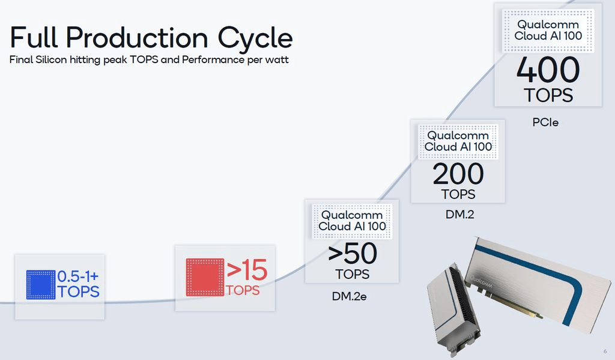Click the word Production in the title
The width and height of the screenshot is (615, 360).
pos(137,38)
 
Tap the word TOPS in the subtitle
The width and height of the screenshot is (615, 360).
pos(144,59)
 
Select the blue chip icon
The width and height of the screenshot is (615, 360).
pos(41,285)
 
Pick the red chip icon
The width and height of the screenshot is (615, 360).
pos(205,277)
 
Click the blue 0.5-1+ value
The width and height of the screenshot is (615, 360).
pos(77,276)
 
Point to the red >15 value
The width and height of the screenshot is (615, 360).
pos(247,270)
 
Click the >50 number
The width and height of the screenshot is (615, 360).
pos(352,254)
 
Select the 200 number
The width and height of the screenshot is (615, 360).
pos(458,174)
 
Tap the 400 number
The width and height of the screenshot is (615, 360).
pos(548,70)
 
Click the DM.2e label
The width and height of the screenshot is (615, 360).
pos(349,296)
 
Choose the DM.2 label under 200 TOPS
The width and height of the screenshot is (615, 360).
pos(459,215)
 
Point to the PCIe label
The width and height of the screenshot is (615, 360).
pos(545,123)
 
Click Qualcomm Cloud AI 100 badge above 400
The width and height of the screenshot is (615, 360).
pos(548,31)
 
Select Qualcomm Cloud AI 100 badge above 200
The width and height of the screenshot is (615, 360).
pos(458,141)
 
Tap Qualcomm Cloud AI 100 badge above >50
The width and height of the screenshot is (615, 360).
pos(352,221)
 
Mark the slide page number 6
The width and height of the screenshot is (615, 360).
pos(605,352)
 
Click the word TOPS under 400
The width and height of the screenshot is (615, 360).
pos(548,96)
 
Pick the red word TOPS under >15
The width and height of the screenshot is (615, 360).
pos(243,290)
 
